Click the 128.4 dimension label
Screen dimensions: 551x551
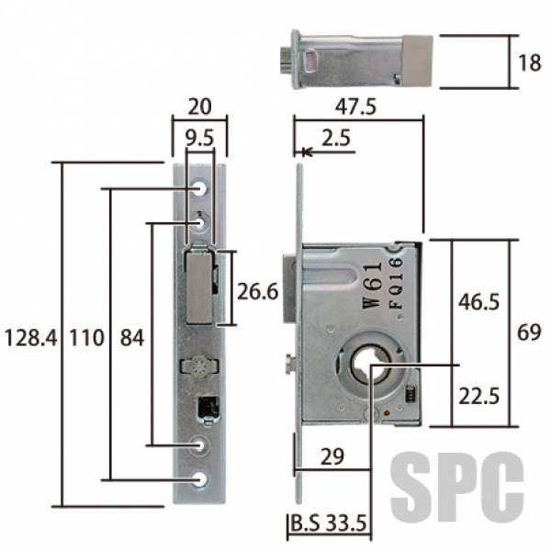click(31, 338)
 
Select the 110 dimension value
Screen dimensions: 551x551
click(87, 338)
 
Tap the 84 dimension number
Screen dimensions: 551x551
click(132, 338)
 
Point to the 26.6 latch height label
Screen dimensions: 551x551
click(257, 291)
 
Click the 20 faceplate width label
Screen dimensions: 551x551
click(199, 107)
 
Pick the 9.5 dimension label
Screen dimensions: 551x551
click(199, 138)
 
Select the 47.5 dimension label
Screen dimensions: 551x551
click(355, 107)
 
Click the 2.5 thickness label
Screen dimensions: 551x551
click(336, 138)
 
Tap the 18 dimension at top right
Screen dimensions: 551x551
click(530, 62)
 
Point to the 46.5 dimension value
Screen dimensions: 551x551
click(478, 301)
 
